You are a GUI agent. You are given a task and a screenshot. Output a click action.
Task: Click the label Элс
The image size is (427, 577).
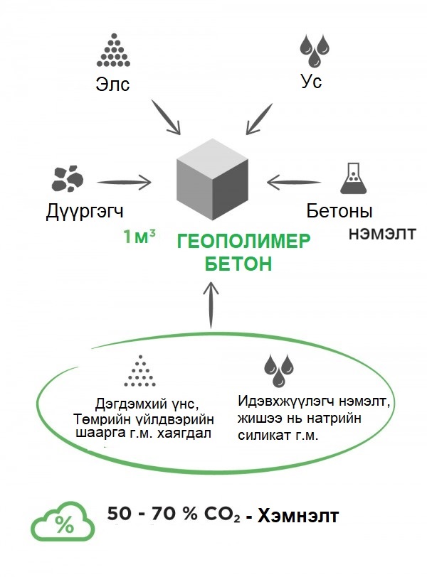(x=113, y=84)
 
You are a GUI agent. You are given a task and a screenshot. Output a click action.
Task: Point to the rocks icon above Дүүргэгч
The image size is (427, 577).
(x=68, y=178)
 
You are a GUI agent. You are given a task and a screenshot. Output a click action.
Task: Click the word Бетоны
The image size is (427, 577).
(x=340, y=211)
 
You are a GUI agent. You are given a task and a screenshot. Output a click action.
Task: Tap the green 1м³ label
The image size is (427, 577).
(x=139, y=237)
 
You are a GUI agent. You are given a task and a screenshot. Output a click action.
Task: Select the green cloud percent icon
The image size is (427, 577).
(x=63, y=523)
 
